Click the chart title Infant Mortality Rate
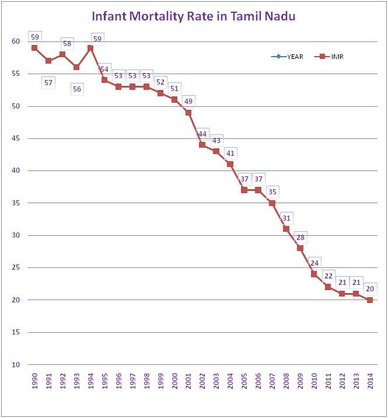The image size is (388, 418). point(194,16)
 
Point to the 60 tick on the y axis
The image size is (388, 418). point(16,41)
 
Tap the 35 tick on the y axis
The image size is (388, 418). point(16,203)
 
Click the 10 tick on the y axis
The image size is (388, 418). point(16,365)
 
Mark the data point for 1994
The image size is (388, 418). point(90,48)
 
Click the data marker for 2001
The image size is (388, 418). point(188,113)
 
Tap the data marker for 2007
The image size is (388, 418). point(272,203)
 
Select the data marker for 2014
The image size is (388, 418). point(369,300)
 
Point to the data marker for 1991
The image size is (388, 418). point(48,61)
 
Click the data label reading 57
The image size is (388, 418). point(48,83)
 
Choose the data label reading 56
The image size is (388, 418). point(76,89)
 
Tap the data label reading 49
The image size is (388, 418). point(188,102)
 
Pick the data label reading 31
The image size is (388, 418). point(286,218)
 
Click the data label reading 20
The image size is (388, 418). point(369,289)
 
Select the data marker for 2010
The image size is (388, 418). point(314,274)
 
